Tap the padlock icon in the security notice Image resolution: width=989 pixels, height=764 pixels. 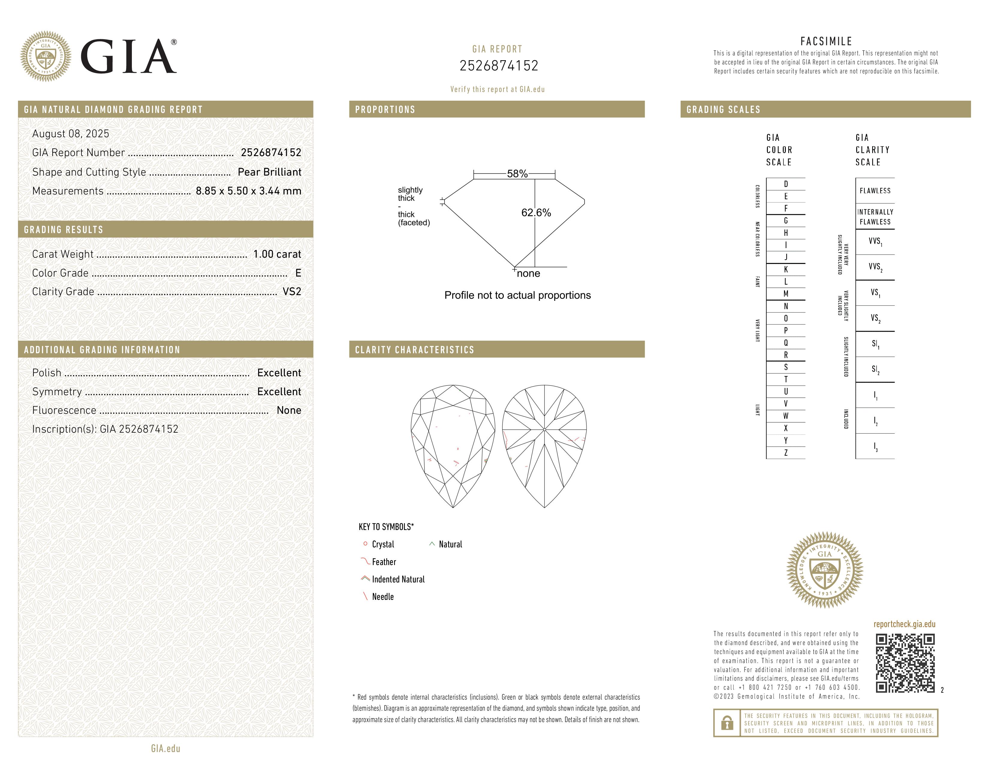pos(727,723)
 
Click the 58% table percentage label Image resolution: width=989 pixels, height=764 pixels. pos(517,174)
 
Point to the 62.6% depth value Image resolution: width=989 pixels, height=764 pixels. pos(536,213)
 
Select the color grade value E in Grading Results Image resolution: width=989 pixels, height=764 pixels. pos(298,273)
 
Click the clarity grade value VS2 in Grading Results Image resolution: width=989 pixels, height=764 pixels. pos(292,292)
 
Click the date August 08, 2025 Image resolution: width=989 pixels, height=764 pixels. pos(71,134)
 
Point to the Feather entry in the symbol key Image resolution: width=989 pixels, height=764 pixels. pos(384,562)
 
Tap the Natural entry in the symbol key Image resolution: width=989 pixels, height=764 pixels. pos(450,544)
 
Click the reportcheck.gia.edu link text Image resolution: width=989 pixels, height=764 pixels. pos(904,624)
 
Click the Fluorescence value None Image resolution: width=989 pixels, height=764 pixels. pos(289,410)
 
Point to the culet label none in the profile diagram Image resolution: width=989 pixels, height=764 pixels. pos(528,273)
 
